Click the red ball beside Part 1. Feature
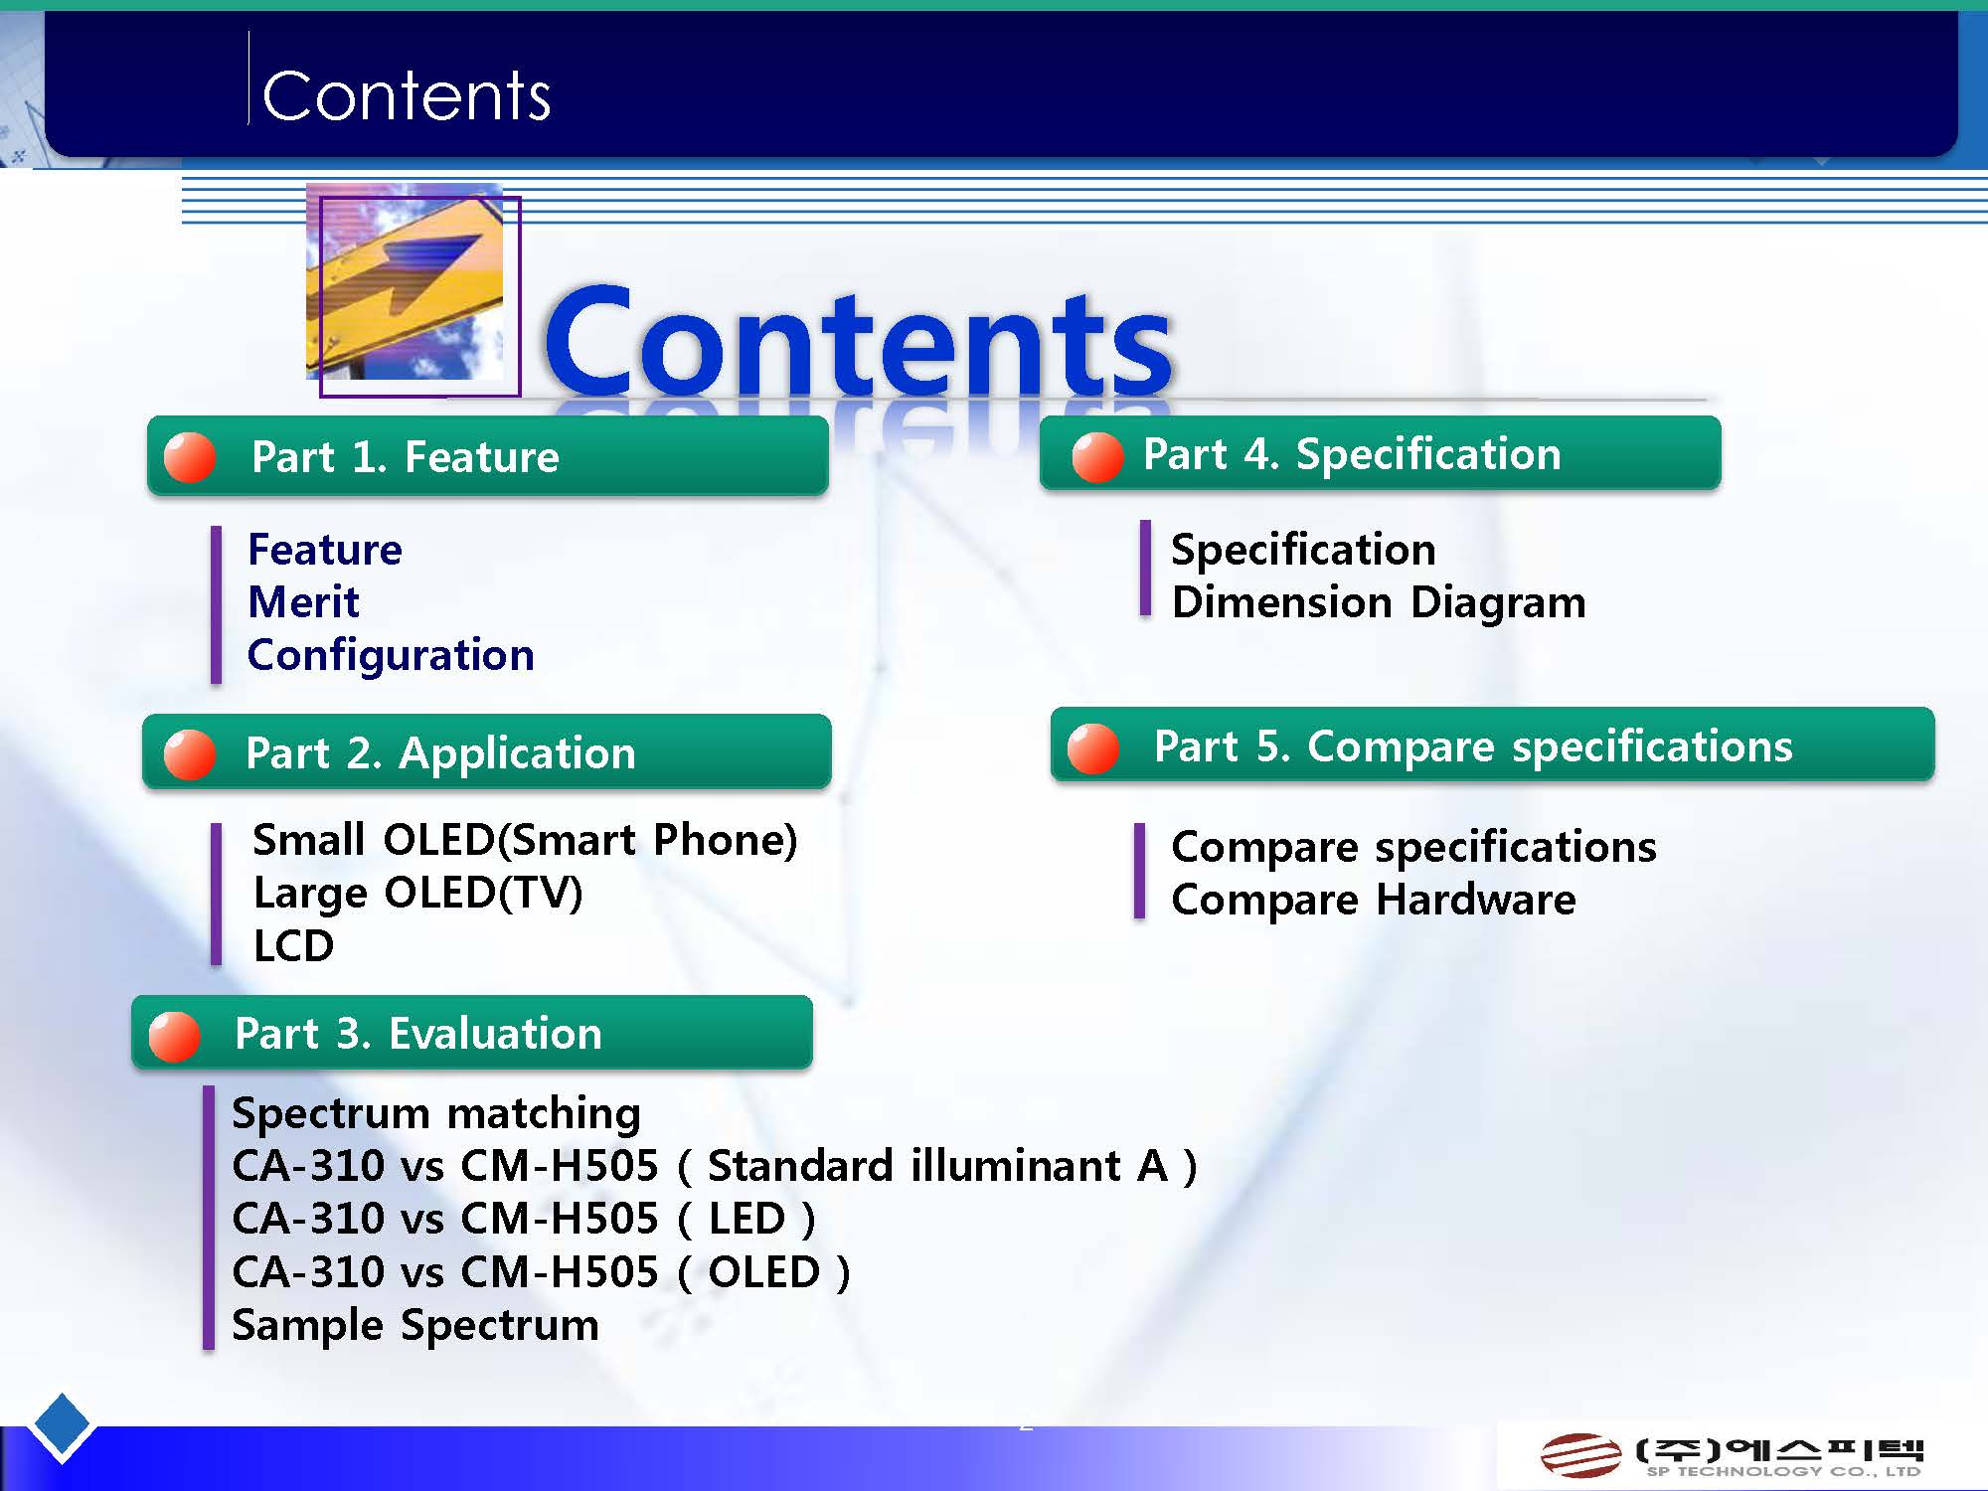point(189,458)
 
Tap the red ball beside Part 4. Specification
point(1097,457)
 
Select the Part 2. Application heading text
point(440,753)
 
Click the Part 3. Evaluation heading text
point(418,1034)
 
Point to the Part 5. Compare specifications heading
point(1473,746)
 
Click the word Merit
point(303,602)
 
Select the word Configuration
point(391,656)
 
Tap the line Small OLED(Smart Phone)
point(525,840)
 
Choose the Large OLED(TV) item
point(417,893)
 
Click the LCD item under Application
point(293,946)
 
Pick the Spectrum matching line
point(436,1113)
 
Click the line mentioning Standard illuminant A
point(715,1166)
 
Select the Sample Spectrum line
point(415,1326)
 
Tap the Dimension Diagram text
point(1379,603)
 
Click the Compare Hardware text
point(1374,901)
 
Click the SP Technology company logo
point(1733,1456)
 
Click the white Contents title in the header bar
point(407,96)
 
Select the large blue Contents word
point(859,341)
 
